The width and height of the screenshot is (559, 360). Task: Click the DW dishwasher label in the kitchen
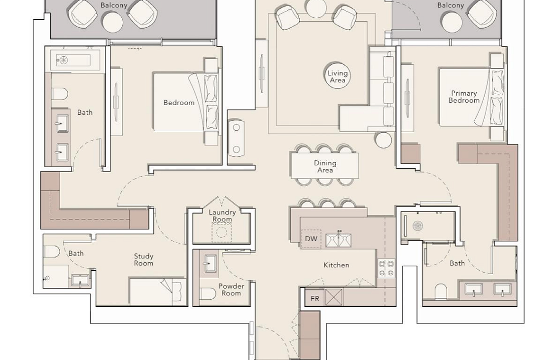point(311,239)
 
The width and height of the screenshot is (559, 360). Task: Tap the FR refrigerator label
point(315,299)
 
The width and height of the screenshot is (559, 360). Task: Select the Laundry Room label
point(222,216)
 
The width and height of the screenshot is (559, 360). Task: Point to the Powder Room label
point(231,289)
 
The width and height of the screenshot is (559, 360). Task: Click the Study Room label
point(143,259)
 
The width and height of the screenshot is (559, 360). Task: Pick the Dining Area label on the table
point(325,166)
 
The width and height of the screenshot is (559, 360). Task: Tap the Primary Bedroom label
point(464,97)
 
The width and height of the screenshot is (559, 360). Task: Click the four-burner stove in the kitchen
point(386,268)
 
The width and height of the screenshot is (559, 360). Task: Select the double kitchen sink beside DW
point(338,240)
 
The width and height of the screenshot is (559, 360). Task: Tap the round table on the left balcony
point(113,22)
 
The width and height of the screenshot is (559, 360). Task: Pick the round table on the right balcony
point(452,22)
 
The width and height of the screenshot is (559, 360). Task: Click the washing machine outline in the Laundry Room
point(221,232)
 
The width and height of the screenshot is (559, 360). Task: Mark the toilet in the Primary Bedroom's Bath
point(441,291)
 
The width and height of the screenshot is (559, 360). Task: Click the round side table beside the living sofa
point(384,140)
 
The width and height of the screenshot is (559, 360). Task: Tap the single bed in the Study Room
point(158,291)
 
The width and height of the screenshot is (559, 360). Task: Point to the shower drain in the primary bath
point(418,226)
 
